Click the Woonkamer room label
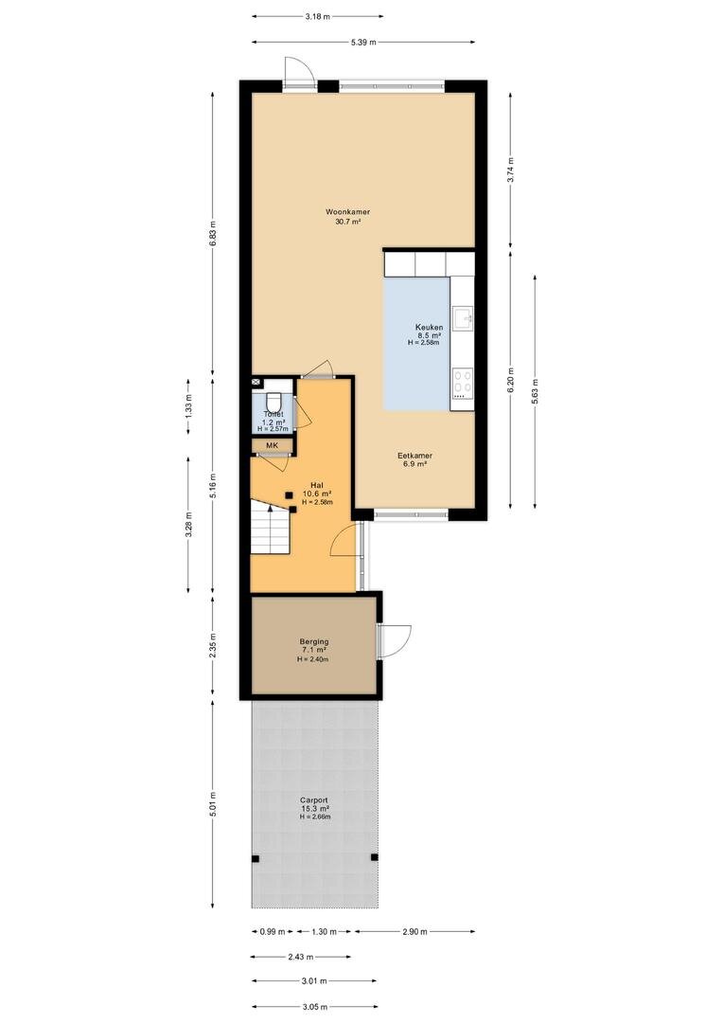(348, 211)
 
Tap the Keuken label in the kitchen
(429, 328)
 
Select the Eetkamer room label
(415, 456)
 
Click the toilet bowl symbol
(273, 401)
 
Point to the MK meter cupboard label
(272, 445)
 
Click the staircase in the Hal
(271, 528)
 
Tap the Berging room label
(314, 641)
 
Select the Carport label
(314, 799)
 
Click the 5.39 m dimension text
(363, 43)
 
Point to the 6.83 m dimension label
(213, 234)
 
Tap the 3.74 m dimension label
(510, 170)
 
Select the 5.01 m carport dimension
(213, 804)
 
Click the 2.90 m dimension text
(414, 932)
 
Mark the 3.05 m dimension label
(314, 1007)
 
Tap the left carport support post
(256, 858)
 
